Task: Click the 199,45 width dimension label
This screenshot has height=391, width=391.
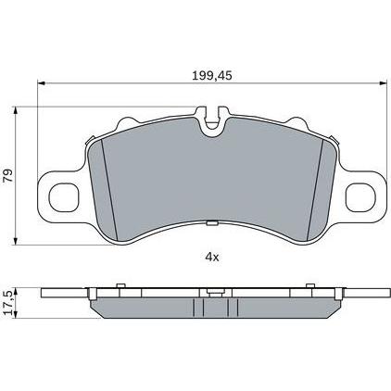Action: pyautogui.click(x=212, y=76)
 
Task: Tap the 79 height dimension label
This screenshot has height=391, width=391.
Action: pyautogui.click(x=8, y=175)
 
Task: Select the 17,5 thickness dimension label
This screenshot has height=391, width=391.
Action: pyautogui.click(x=8, y=303)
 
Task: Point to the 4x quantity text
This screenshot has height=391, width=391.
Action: pyautogui.click(x=212, y=257)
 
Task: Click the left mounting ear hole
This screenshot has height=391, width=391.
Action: pyautogui.click(x=64, y=197)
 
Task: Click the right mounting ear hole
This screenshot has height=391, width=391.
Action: pyautogui.click(x=360, y=197)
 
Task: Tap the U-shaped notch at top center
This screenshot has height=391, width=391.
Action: pyautogui.click(x=212, y=121)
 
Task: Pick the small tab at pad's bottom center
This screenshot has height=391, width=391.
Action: pyautogui.click(x=212, y=223)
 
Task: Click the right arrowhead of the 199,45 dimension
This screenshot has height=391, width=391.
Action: pyautogui.click(x=383, y=83)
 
